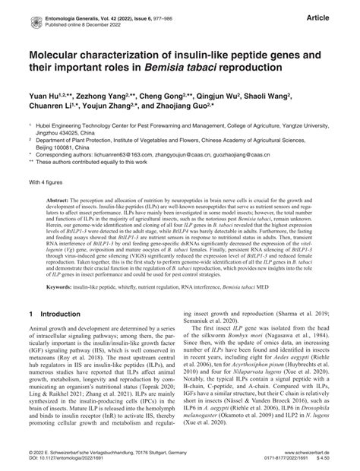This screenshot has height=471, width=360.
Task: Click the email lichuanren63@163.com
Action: point(114,154)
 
